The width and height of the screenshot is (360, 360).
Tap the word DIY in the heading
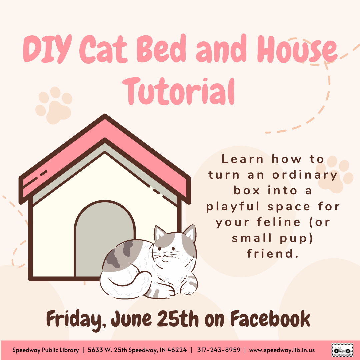coord(47,49)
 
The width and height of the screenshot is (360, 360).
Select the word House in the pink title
coord(297,49)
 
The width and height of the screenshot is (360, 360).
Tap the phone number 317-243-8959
coord(219,350)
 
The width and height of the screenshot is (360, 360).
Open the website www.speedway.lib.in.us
coord(282,350)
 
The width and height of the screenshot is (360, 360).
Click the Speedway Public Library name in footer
coord(45,350)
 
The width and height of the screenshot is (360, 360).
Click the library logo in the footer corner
coord(342,350)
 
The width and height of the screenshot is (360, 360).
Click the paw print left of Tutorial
coord(54,105)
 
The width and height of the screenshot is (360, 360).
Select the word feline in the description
coord(278,222)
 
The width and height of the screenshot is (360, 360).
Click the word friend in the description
coord(272,254)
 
